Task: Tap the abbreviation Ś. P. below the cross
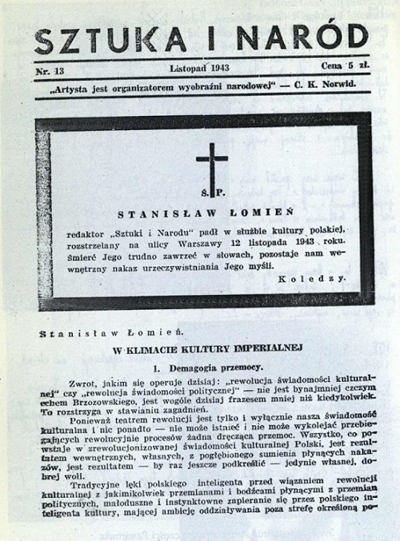(211, 194)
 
